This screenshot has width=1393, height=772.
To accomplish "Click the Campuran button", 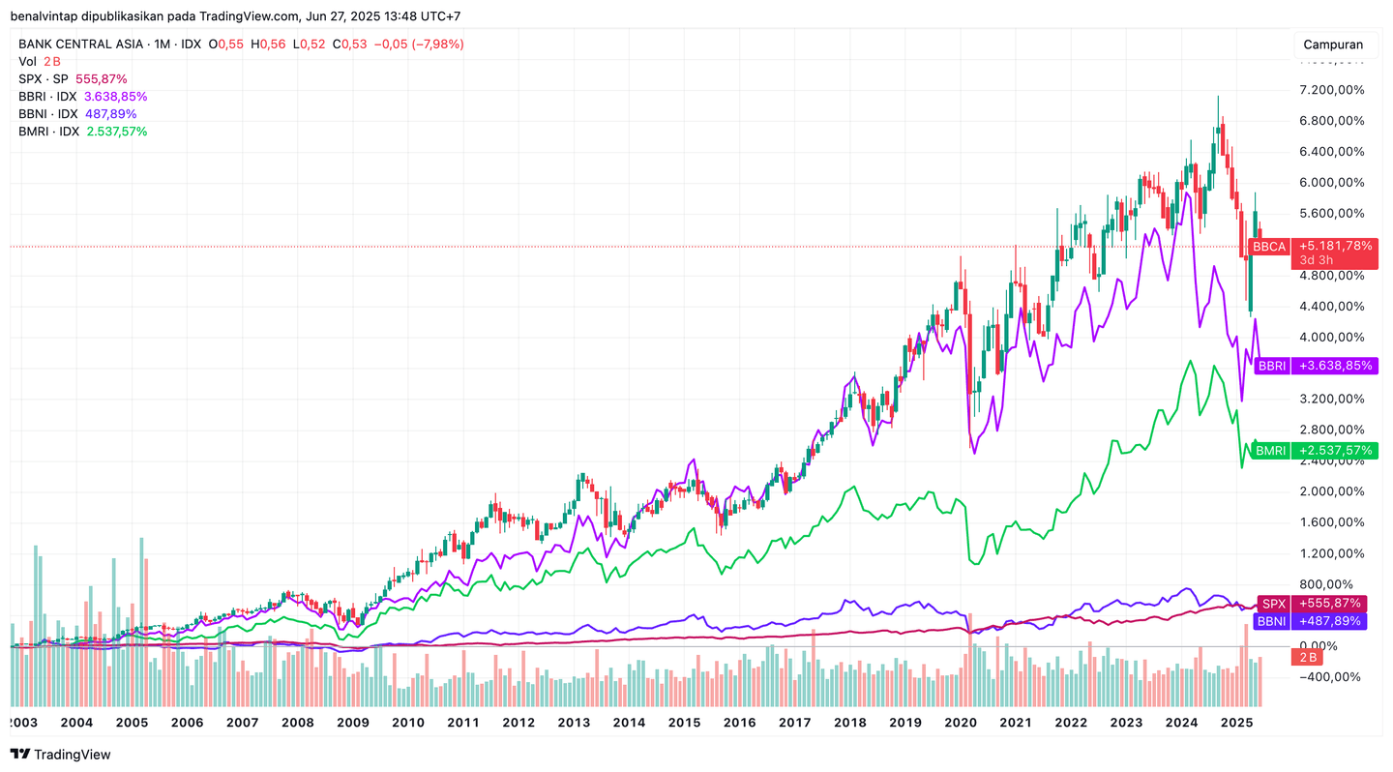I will click(1333, 45).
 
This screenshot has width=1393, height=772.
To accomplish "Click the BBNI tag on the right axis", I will click(1310, 621).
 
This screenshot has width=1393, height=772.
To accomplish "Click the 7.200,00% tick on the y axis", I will click(1331, 90).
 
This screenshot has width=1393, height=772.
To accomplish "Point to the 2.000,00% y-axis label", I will click(1331, 491).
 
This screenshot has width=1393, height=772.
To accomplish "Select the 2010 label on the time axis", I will click(407, 723).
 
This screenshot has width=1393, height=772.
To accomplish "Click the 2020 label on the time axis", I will click(960, 723).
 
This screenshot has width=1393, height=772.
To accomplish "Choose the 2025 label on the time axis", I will click(1236, 723).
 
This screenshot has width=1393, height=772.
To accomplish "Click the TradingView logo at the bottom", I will click(60, 755).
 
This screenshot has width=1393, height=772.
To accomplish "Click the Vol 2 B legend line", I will click(40, 62).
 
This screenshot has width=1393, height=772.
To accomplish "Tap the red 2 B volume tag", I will click(1309, 658).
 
